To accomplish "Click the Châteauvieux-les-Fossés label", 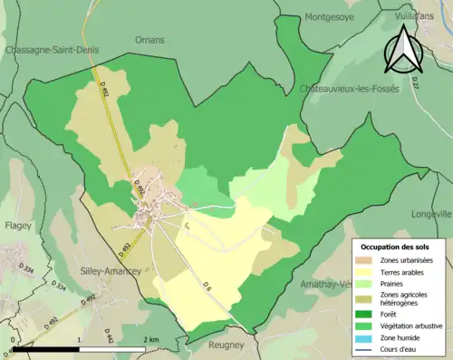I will [350, 89].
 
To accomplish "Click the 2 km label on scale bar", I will [151, 339].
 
